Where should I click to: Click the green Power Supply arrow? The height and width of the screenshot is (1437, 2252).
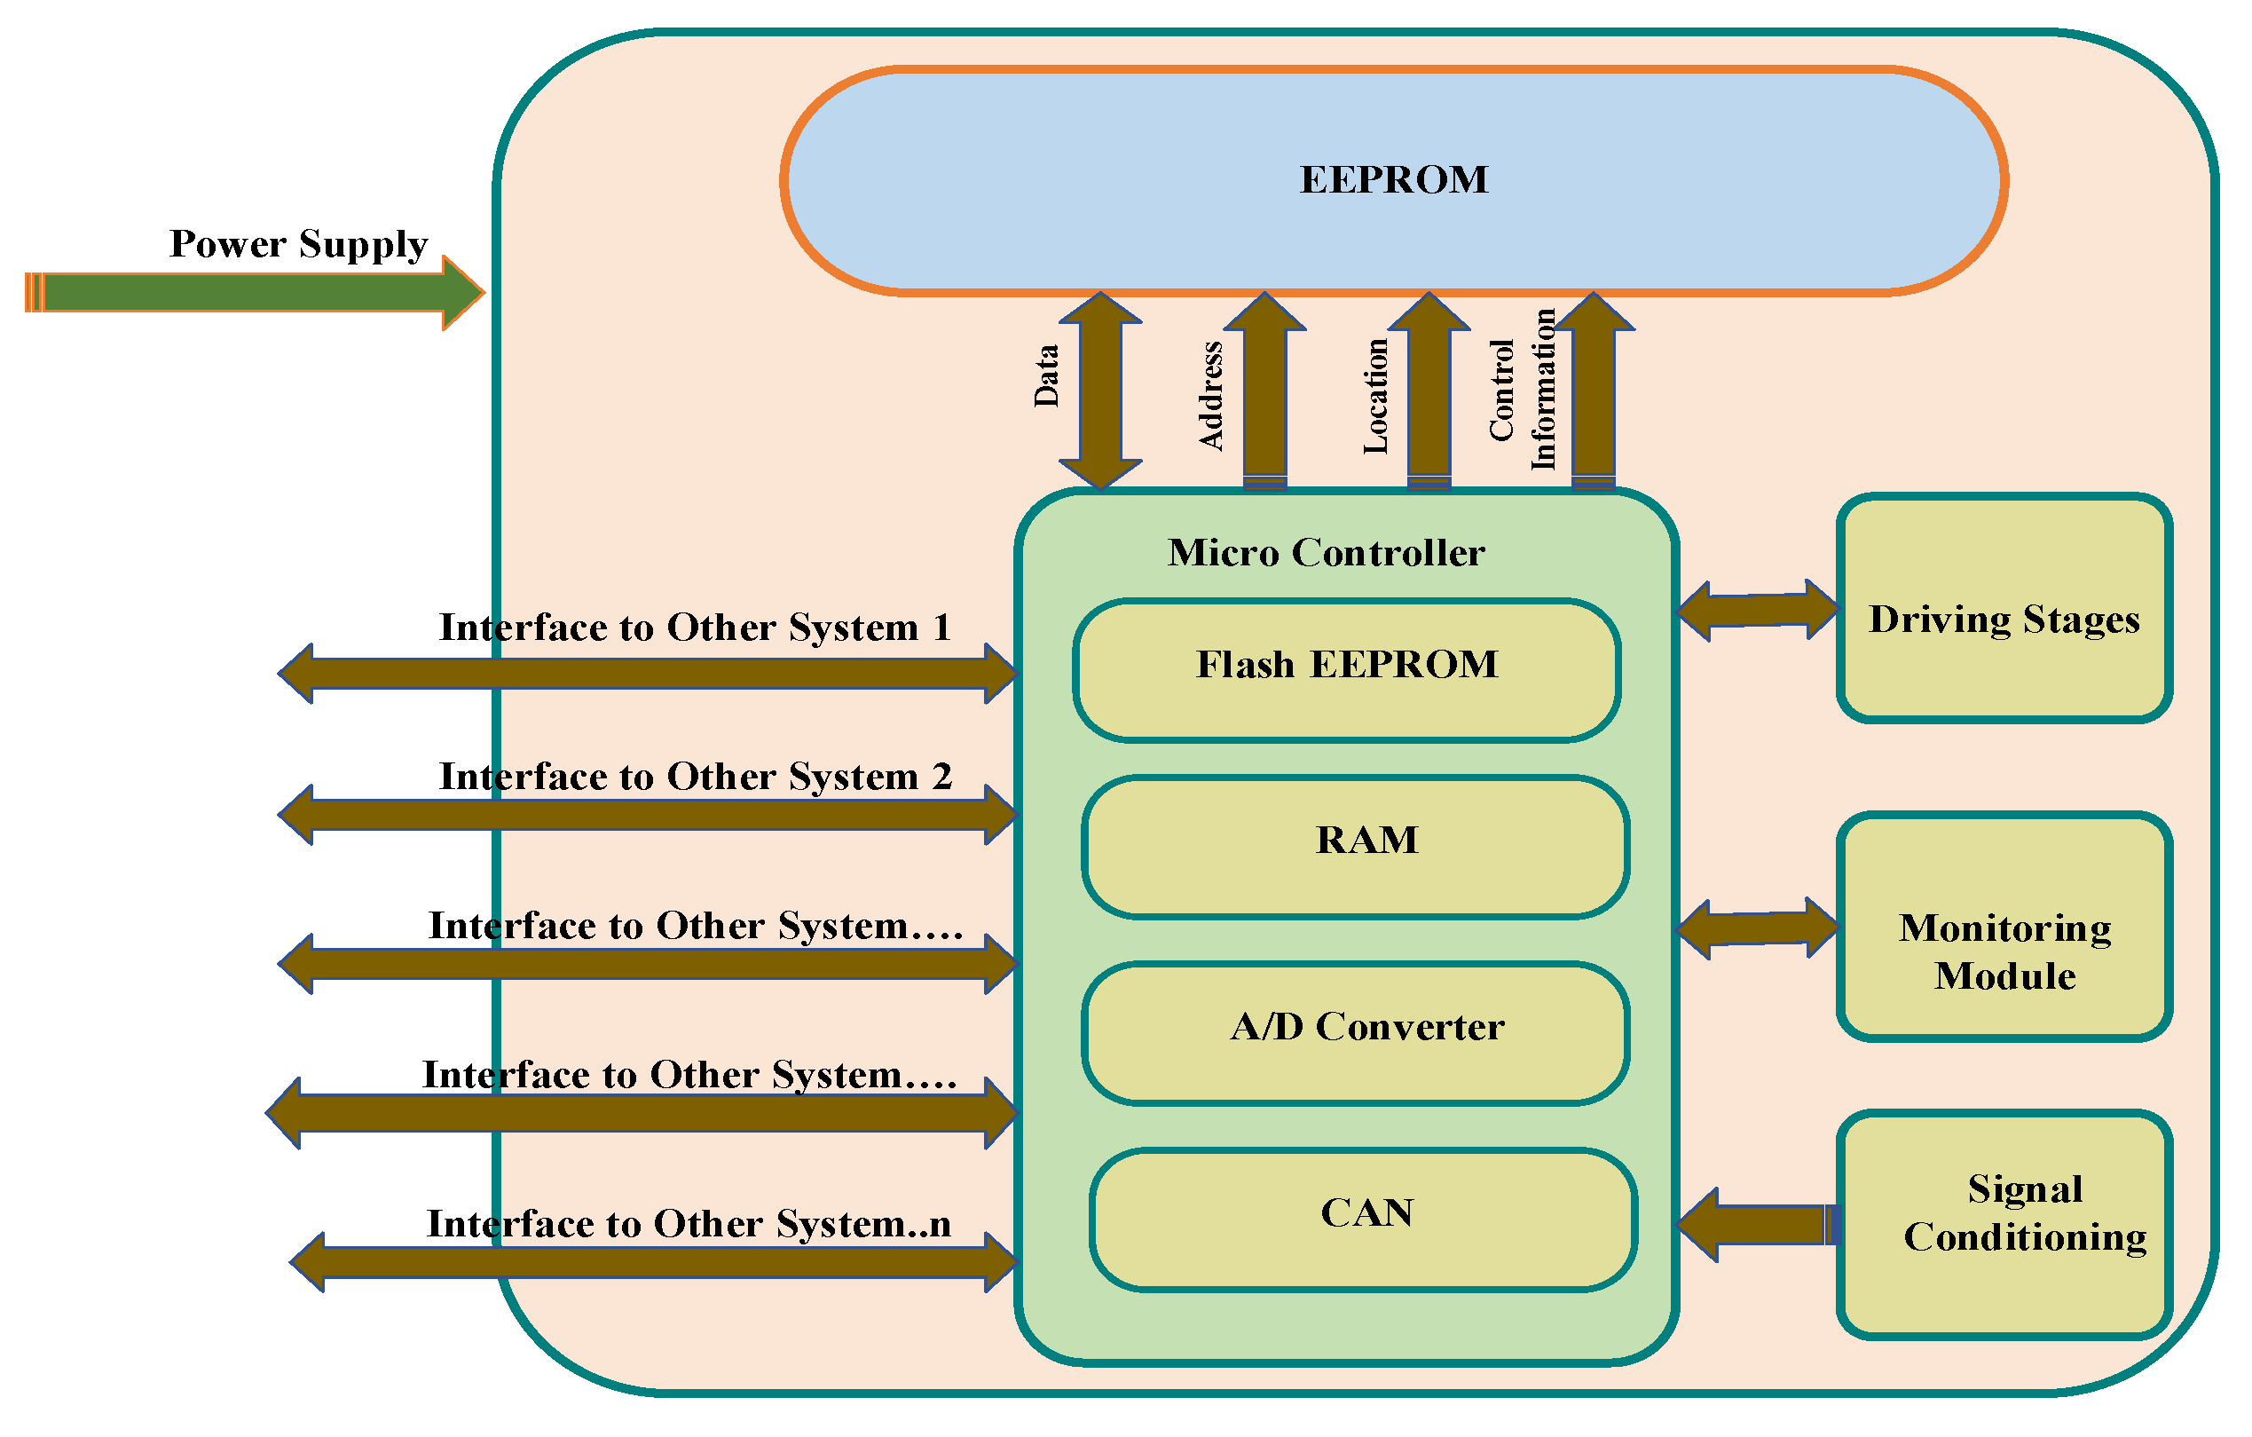[255, 293]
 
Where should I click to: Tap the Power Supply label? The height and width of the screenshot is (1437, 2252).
[298, 244]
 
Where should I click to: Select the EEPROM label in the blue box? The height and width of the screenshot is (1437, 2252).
[1393, 179]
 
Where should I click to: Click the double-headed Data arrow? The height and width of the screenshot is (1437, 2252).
[1101, 391]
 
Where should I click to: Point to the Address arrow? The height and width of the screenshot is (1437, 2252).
[1264, 391]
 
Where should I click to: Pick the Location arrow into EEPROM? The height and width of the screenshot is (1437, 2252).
[1429, 391]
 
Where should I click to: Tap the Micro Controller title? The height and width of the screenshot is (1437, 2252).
[1325, 553]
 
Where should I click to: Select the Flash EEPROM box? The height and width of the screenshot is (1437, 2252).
[1347, 671]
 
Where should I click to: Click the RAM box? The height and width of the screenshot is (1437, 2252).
[1356, 848]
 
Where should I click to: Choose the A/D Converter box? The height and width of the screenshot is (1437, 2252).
[1356, 1034]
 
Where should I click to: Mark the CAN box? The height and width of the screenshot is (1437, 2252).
[1364, 1220]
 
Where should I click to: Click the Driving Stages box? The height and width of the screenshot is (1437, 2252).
[2004, 608]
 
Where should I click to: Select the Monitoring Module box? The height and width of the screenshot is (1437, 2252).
[2004, 926]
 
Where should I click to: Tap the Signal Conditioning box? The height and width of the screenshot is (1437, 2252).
[2004, 1225]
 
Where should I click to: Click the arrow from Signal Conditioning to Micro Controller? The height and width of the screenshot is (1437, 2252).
[1758, 1225]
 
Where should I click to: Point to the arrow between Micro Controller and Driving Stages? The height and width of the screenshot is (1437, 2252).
[1758, 610]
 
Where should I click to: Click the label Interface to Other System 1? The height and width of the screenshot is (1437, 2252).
[695, 628]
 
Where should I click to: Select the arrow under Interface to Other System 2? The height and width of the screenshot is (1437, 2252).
[648, 815]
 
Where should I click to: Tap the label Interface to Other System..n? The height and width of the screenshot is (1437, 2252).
[689, 1225]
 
